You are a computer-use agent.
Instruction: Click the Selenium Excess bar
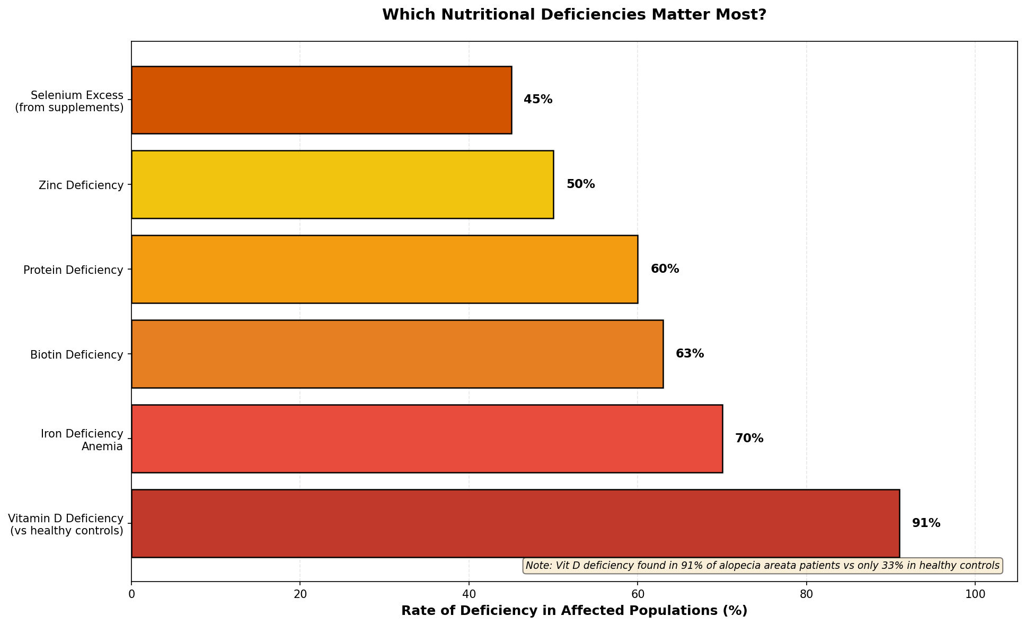click(321, 100)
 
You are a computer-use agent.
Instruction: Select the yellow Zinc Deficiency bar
click(342, 184)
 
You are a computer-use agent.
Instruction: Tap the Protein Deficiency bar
click(384, 269)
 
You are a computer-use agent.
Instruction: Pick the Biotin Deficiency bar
click(397, 354)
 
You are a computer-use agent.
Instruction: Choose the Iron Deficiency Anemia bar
click(427, 439)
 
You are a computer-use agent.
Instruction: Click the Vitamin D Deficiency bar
click(515, 523)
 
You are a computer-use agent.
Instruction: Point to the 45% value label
click(538, 100)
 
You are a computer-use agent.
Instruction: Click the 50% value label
click(580, 184)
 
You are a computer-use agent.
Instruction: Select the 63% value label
click(690, 354)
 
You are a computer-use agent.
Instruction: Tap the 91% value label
click(926, 523)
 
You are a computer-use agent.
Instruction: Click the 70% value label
click(749, 439)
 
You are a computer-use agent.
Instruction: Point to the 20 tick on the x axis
click(300, 594)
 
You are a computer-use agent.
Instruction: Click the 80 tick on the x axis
click(807, 594)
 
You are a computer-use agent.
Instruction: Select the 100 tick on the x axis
click(975, 594)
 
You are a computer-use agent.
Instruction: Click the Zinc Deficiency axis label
click(81, 185)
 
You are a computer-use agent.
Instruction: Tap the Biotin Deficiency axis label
click(77, 354)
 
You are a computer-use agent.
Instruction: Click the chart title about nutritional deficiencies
click(574, 15)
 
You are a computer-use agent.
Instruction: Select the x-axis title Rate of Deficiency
click(574, 611)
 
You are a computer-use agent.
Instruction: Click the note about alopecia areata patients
click(763, 566)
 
